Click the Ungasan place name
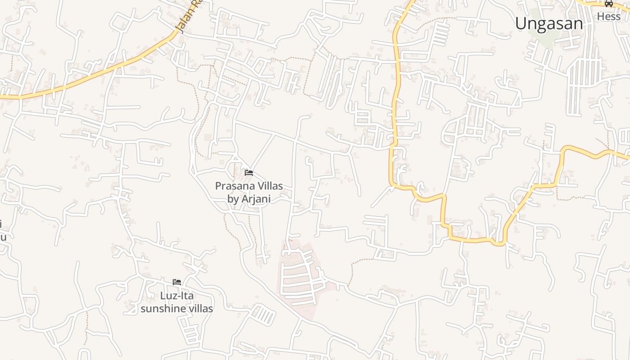[x=549, y=23]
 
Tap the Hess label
[x=608, y=17]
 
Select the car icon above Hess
[x=609, y=4]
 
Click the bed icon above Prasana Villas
[x=249, y=173]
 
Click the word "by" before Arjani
[x=233, y=199]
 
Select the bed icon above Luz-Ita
[x=177, y=282]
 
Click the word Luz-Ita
[x=177, y=296]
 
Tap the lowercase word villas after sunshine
[x=199, y=309]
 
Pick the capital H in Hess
[x=600, y=17]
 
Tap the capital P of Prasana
[x=218, y=186]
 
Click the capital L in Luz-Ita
[x=163, y=296]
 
